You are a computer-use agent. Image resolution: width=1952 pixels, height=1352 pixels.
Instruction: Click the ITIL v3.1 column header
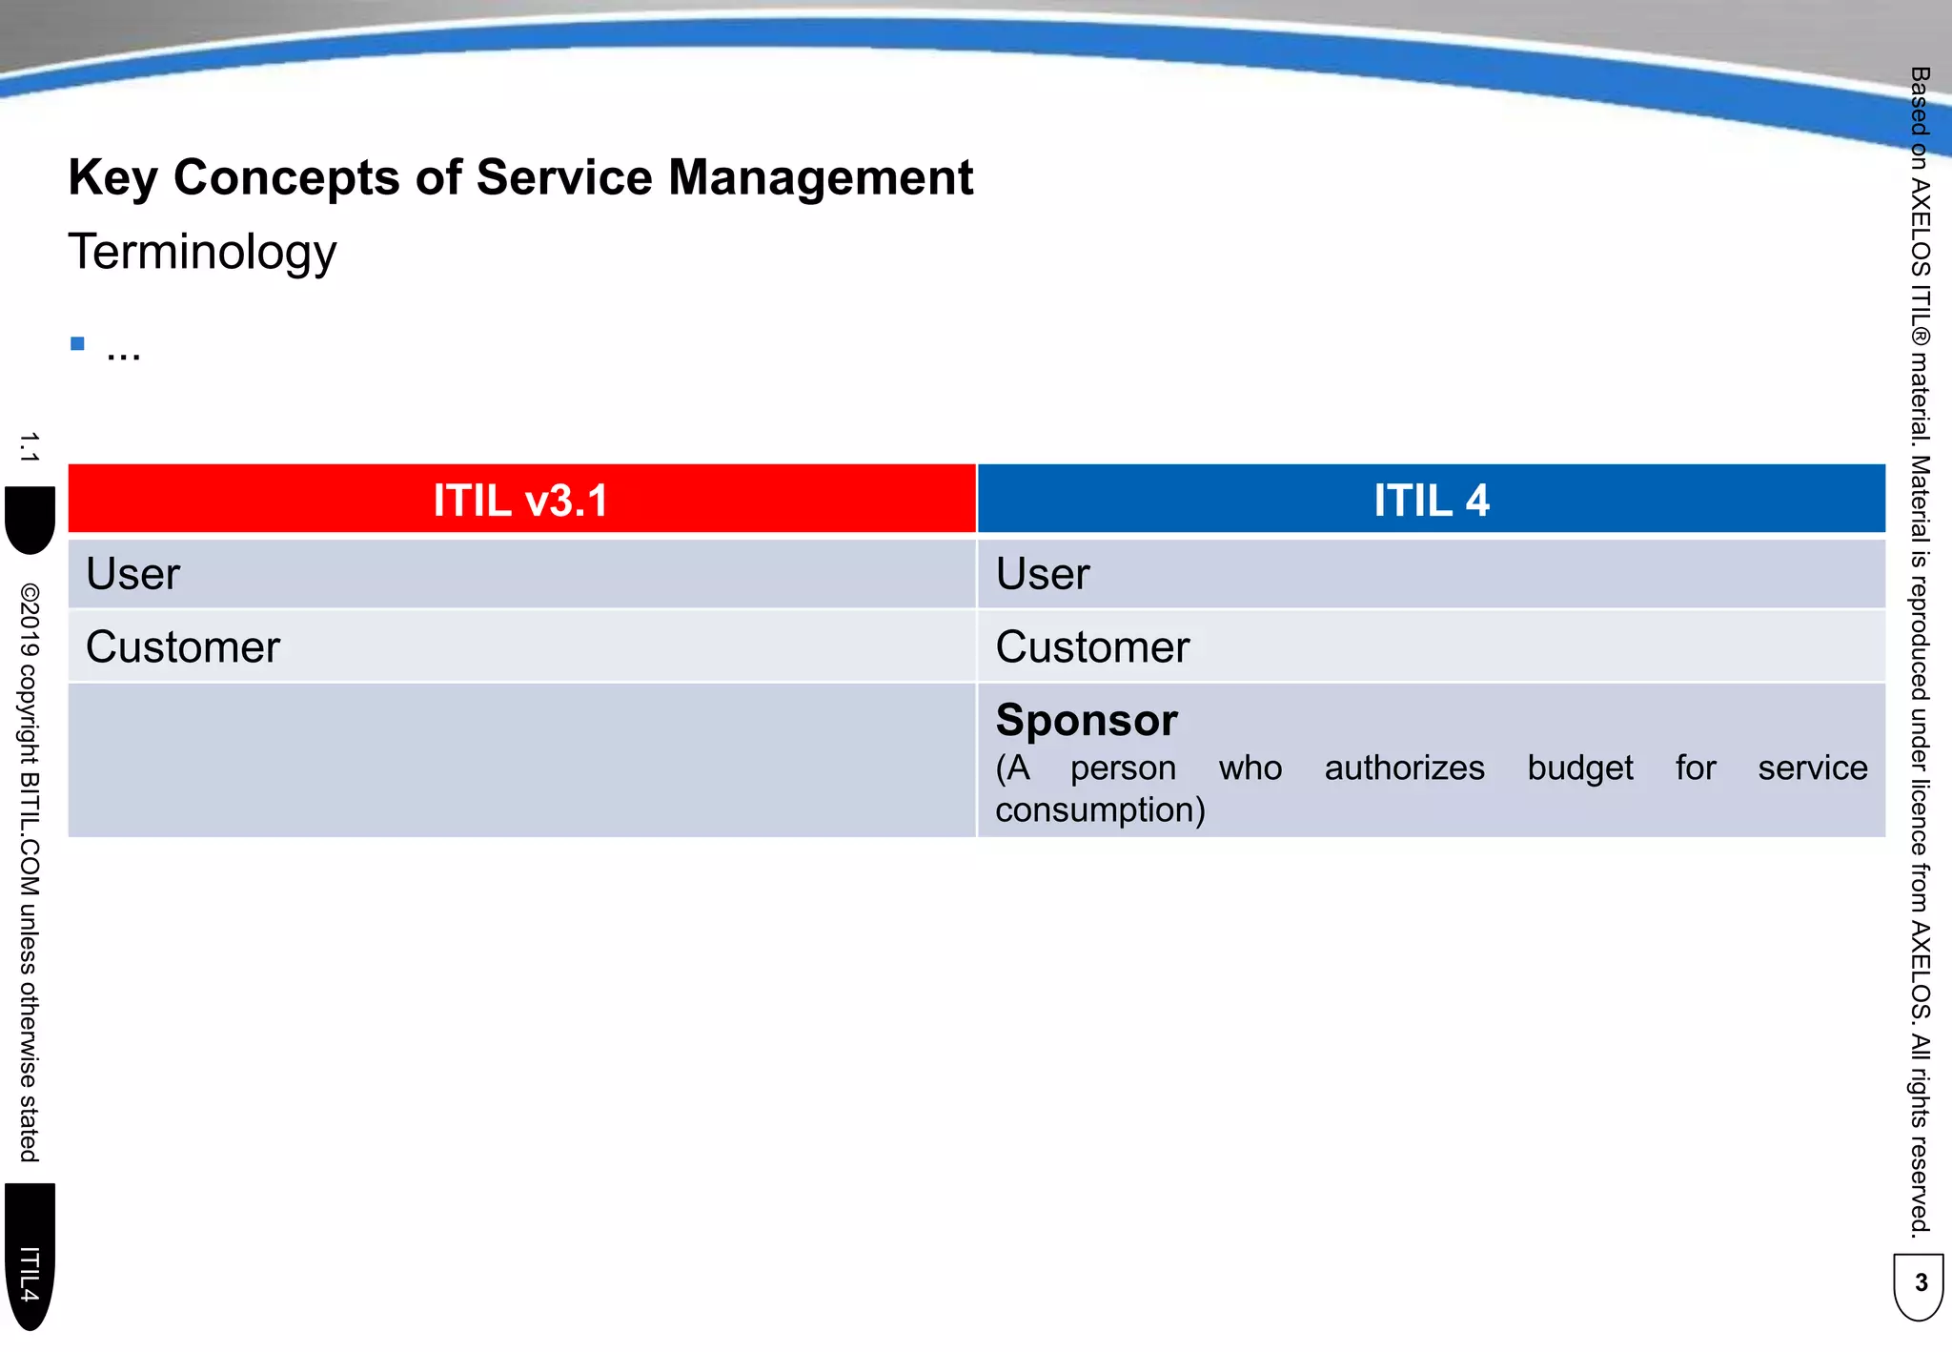click(x=520, y=500)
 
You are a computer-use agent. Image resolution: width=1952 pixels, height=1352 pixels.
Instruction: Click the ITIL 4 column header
click(x=1431, y=500)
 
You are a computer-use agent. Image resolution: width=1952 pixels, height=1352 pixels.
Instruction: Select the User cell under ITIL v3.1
click(x=133, y=574)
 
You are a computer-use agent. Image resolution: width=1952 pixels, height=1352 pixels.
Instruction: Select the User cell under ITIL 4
click(x=1043, y=574)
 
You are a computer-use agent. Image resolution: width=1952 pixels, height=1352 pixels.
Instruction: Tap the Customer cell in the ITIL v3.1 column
click(x=183, y=647)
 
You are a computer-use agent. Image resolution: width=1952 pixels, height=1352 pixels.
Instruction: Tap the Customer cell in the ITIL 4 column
click(x=1092, y=647)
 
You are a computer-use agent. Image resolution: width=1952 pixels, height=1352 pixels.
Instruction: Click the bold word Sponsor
click(x=1087, y=720)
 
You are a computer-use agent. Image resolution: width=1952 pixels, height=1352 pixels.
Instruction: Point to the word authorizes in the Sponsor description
click(x=1404, y=768)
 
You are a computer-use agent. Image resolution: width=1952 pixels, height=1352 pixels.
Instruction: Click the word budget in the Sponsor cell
click(x=1579, y=768)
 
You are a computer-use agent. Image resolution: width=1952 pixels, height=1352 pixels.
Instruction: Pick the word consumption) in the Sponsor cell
click(x=1100, y=810)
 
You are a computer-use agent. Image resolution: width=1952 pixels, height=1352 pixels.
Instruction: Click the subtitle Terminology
click(x=202, y=252)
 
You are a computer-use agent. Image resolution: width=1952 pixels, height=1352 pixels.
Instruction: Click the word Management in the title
click(x=820, y=177)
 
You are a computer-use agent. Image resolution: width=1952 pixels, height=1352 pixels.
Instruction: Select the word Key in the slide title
click(x=112, y=177)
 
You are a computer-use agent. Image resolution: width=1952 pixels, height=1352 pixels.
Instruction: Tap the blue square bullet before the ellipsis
click(x=78, y=344)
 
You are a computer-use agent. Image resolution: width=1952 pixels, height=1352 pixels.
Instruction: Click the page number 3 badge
click(x=1920, y=1283)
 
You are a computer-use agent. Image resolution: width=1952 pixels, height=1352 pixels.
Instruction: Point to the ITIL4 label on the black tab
click(x=30, y=1273)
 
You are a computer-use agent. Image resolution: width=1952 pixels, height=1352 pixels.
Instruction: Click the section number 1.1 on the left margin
click(x=29, y=447)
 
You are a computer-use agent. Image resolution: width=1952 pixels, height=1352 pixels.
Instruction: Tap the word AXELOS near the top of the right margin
click(x=1920, y=229)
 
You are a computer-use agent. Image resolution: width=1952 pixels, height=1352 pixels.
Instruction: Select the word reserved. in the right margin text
click(x=1920, y=1188)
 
